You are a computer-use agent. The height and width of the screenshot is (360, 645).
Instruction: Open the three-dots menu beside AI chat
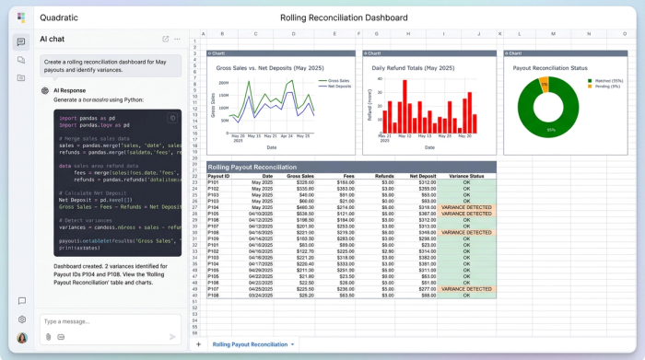(x=178, y=39)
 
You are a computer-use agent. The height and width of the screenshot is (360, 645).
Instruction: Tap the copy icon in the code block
(x=172, y=118)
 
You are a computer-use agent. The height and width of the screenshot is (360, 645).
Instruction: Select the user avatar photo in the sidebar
(x=21, y=338)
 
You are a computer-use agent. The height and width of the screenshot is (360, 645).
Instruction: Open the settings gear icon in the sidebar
(x=21, y=319)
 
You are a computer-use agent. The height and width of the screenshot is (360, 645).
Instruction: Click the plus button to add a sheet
(x=197, y=344)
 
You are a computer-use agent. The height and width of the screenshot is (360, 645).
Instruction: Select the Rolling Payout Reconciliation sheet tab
(x=250, y=344)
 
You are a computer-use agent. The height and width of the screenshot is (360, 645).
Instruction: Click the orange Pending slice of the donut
(x=545, y=84)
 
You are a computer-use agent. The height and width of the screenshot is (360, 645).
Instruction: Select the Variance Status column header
(x=466, y=175)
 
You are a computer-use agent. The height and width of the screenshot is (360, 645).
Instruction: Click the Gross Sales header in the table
(x=300, y=175)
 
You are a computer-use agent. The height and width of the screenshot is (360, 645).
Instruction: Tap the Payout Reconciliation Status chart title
(x=550, y=68)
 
